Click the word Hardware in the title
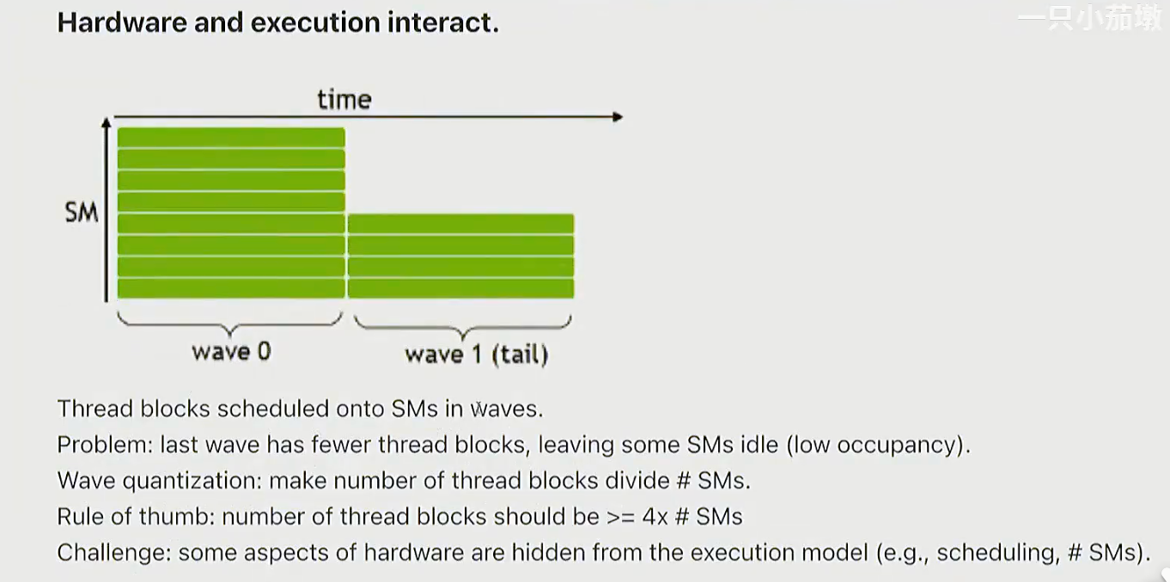coord(122,22)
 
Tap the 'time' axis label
coord(344,100)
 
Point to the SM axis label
coord(82,212)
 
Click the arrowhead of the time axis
coord(618,117)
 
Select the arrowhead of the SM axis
coord(107,124)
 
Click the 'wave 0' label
coord(231,351)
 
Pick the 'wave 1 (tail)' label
coord(477,355)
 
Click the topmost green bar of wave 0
coord(231,138)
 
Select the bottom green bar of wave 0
coord(231,288)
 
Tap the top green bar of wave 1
coord(460,224)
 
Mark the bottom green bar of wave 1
coord(460,288)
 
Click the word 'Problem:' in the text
coord(105,445)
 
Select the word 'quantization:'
coord(192,481)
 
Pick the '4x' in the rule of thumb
coord(655,517)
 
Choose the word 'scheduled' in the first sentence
coord(273,409)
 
